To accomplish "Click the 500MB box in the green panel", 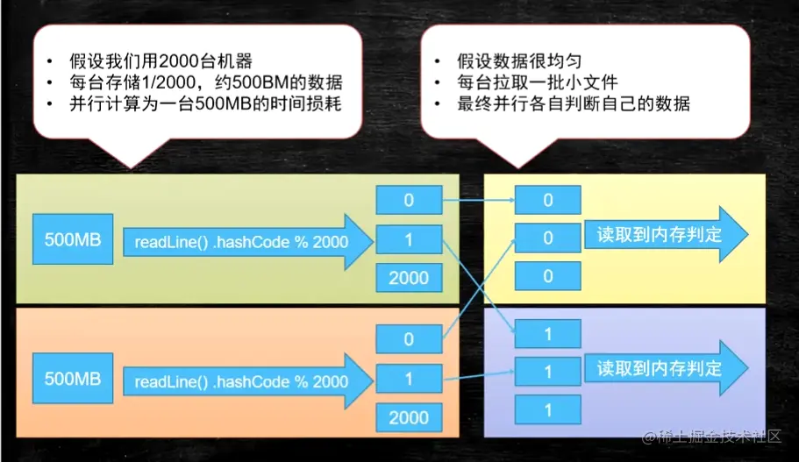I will click(x=73, y=239).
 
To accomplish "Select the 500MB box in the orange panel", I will click(x=73, y=379).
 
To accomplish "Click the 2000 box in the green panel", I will click(x=409, y=278).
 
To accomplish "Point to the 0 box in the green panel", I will click(x=409, y=200).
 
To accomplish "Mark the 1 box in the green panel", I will click(x=409, y=238).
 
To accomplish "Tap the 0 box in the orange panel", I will click(x=409, y=338).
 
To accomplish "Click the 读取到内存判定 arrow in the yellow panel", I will click(x=665, y=235).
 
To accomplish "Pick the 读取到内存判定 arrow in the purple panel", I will click(x=665, y=367).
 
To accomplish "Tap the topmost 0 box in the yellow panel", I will click(x=548, y=200).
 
